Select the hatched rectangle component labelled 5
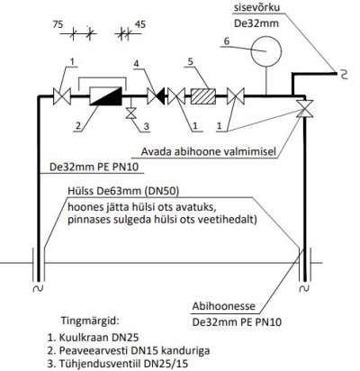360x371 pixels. (203, 96)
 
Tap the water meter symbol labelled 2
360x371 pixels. (106, 96)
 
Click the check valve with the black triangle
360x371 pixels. (156, 96)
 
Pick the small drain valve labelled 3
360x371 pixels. (130, 113)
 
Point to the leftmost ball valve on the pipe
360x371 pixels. (62, 96)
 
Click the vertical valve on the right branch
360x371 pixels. (304, 108)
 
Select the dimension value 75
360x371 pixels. (58, 24)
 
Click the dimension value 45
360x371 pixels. (140, 24)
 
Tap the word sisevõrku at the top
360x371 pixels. (256, 7)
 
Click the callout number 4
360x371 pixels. (137, 64)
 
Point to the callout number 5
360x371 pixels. (190, 61)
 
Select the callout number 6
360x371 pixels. (227, 41)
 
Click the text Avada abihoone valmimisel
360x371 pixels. (208, 151)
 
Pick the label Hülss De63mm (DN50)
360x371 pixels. (123, 191)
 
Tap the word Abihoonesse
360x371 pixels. (224, 306)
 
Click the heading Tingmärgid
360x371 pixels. (90, 321)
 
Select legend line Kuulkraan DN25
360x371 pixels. (94, 337)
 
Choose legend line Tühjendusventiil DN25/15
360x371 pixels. (118, 364)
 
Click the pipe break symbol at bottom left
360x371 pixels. (38, 288)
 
